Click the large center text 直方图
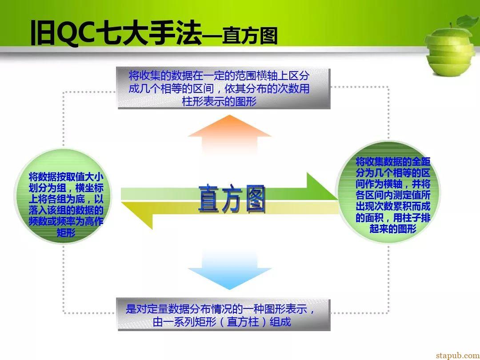point(232,199)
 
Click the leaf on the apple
point(466,21)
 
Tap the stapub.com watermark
point(458,356)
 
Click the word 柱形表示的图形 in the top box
point(219,101)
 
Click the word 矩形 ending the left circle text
point(66,232)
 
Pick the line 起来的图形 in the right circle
point(393,229)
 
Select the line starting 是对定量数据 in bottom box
point(220,309)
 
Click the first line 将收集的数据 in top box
point(219,76)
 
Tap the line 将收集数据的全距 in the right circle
point(393,161)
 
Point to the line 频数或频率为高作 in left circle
point(66,221)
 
